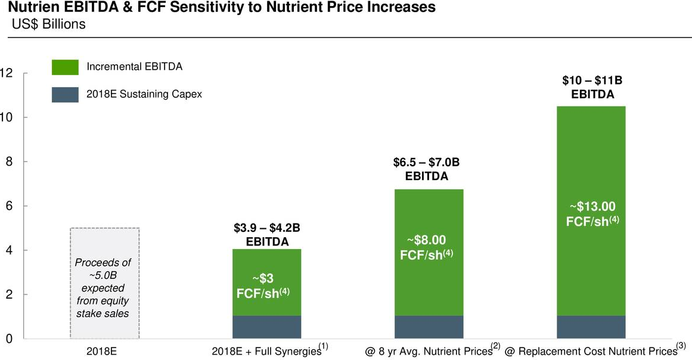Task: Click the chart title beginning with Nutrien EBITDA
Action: [218, 8]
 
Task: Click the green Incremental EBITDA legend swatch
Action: [65, 67]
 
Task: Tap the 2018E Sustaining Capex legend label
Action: [144, 94]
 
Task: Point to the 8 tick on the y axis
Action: [7, 162]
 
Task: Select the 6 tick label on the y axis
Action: [7, 206]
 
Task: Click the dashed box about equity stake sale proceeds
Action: [104, 283]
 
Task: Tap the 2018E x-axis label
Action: [101, 351]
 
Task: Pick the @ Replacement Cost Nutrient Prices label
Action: [594, 351]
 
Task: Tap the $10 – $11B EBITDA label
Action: [592, 87]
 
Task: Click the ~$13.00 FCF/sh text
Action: [592, 213]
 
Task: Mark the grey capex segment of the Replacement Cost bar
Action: [591, 327]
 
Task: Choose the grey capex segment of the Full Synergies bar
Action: [267, 327]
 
